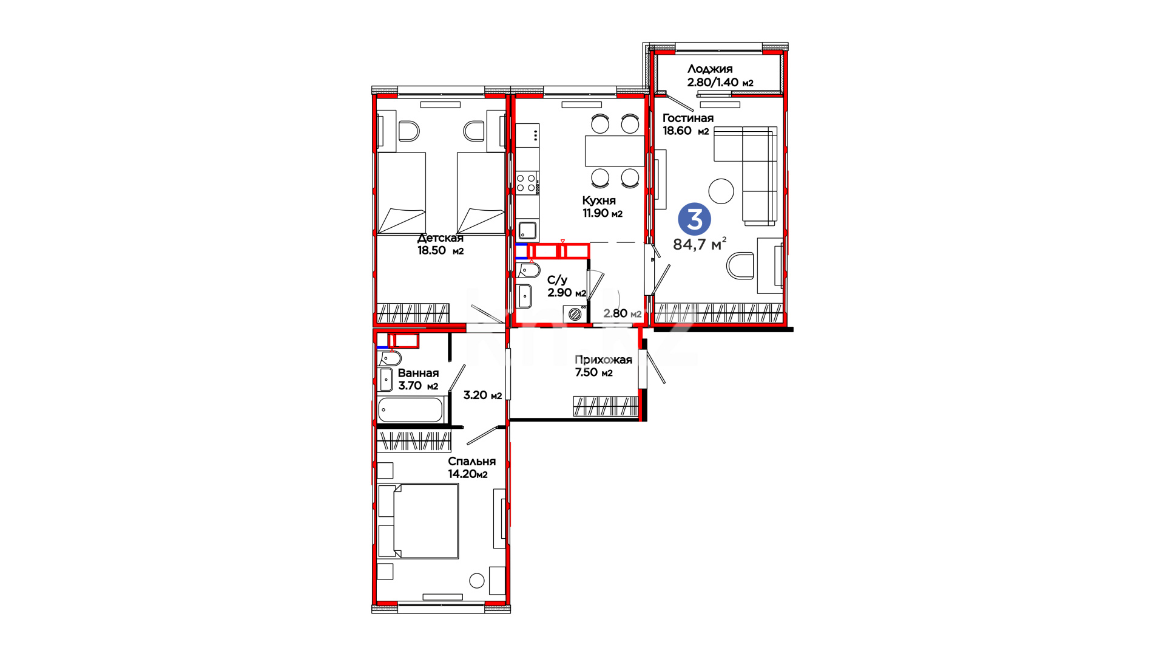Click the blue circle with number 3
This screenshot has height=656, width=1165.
tap(694, 219)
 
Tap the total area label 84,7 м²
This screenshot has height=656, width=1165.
tap(700, 244)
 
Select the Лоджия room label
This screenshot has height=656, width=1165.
tap(710, 69)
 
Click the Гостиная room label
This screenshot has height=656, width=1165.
tap(688, 118)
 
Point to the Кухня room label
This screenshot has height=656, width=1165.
tap(599, 200)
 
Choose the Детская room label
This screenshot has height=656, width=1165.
tap(441, 238)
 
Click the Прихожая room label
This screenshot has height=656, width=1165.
tap(603, 360)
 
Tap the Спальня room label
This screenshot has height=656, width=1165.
tap(472, 462)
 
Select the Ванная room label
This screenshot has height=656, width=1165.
tap(418, 374)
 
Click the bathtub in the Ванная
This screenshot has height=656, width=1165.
tap(411, 410)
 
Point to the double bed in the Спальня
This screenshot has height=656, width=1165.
tap(418, 521)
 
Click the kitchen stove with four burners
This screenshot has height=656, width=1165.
tap(527, 183)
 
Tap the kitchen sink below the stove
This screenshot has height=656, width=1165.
tap(527, 231)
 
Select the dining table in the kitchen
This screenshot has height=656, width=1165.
tap(614, 151)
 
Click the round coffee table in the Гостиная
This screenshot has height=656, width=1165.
tap(721, 191)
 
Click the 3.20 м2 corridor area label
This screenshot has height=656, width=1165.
tap(483, 395)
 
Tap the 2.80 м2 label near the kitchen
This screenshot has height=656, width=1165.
tap(623, 313)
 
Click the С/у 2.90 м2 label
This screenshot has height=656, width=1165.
tap(567, 287)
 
